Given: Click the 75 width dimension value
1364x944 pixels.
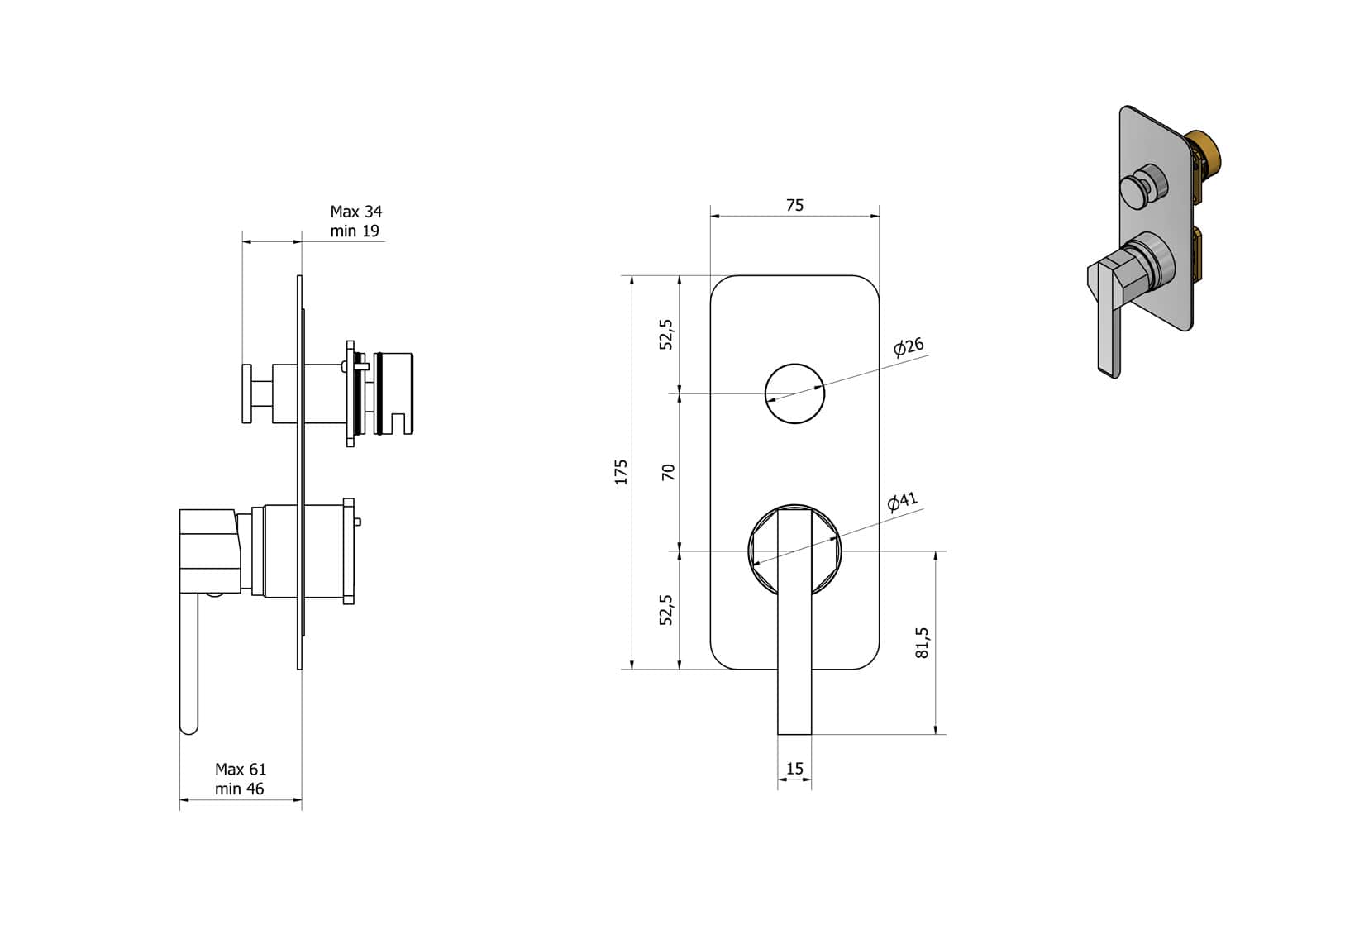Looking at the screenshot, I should tap(794, 205).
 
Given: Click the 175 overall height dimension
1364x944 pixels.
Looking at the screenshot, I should tap(622, 471).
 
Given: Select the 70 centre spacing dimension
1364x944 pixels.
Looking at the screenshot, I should tap(669, 472).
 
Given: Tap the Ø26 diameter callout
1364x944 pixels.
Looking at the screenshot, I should tap(909, 346).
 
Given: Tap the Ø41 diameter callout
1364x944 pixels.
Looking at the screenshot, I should tap(902, 502).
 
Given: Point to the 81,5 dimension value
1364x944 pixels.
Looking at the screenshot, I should tap(923, 642).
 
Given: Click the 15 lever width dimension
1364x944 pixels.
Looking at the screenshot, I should tap(794, 769).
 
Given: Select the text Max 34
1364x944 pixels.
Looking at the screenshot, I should tap(356, 212).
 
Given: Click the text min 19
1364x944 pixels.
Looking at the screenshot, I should tap(355, 231).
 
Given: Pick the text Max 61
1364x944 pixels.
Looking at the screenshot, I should tap(241, 769).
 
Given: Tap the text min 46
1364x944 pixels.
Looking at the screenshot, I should tap(240, 789).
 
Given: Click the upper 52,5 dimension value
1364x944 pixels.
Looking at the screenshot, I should tap(667, 334).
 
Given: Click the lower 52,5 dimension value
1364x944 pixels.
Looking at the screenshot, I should tap(667, 609).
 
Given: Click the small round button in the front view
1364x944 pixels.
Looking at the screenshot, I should tap(794, 393).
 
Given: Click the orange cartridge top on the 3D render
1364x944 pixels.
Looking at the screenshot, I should tap(1208, 154).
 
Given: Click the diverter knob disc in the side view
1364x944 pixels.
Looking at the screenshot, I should tap(247, 393).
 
